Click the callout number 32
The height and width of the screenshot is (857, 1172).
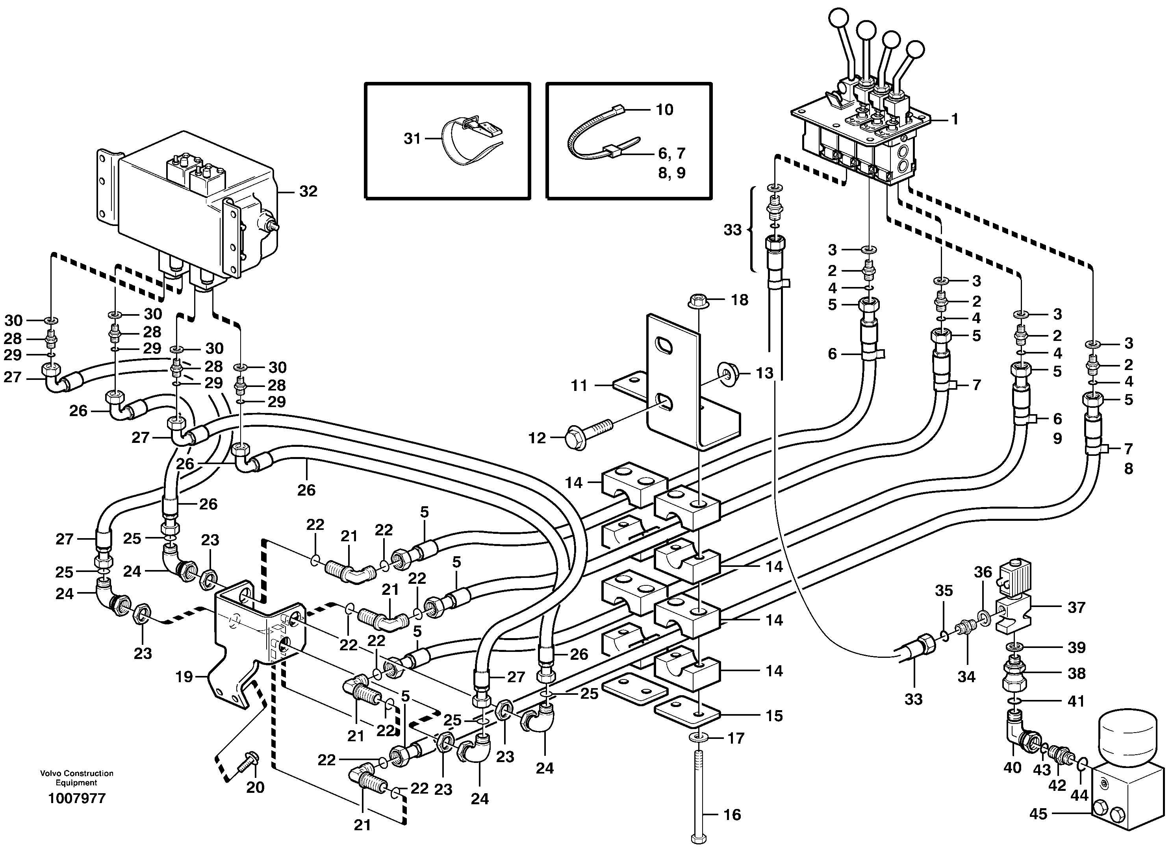[x=308, y=191]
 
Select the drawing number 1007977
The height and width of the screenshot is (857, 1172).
[x=77, y=798]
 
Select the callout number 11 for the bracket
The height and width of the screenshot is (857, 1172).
[x=579, y=385]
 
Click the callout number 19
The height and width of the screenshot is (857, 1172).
[x=185, y=676]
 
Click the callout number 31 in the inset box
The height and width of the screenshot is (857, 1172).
[x=412, y=139]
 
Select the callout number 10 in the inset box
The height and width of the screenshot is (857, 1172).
[x=664, y=109]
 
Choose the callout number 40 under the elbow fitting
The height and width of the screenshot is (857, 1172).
[x=1012, y=768]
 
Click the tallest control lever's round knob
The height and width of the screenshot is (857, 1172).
[x=837, y=20]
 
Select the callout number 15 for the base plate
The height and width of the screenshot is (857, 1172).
[x=774, y=716]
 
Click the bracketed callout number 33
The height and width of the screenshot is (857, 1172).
[x=732, y=229]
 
